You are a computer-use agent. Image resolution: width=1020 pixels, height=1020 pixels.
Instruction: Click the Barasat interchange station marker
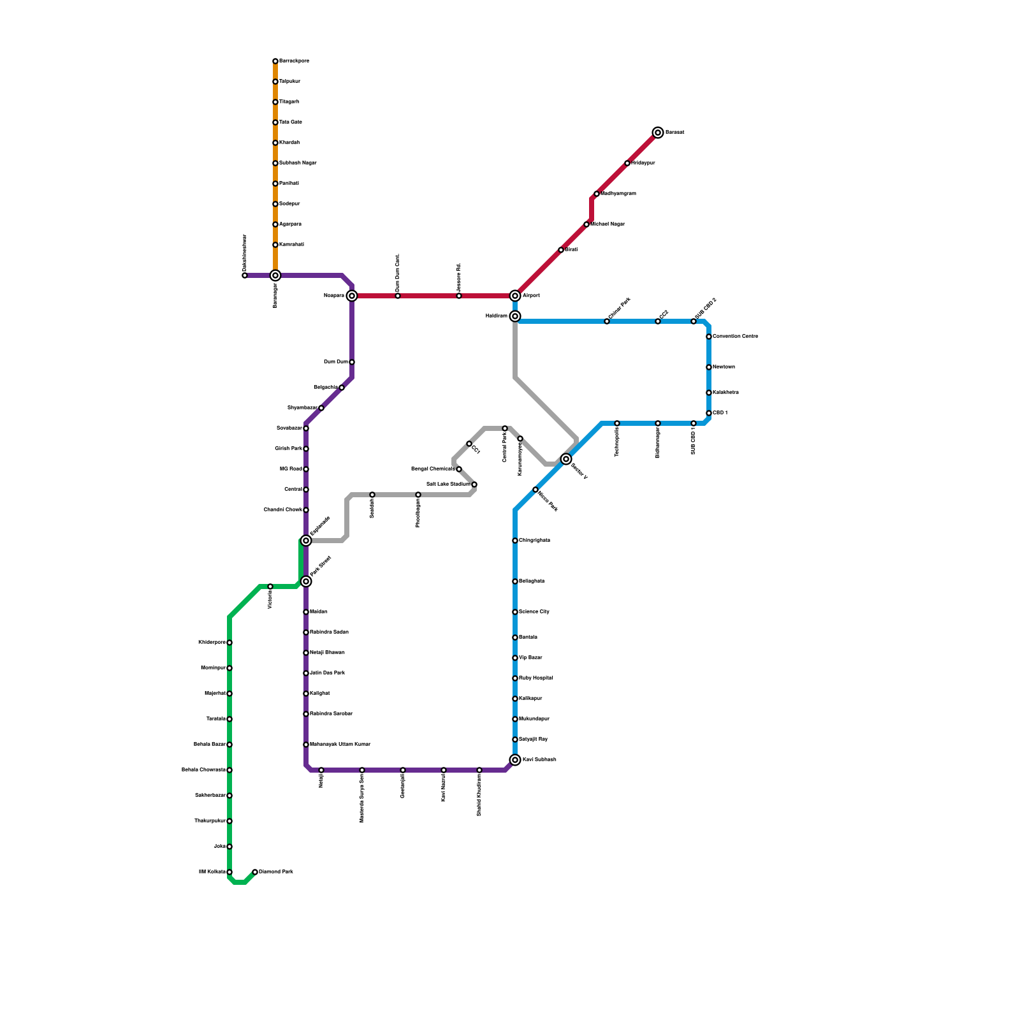click(x=658, y=133)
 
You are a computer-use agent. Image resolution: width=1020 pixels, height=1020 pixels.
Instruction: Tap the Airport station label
click(x=531, y=296)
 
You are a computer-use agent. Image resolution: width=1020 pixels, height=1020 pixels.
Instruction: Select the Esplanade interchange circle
click(x=306, y=541)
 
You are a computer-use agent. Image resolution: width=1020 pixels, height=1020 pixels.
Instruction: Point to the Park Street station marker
click(x=306, y=581)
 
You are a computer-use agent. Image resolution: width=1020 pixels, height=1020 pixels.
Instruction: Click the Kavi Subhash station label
click(x=539, y=760)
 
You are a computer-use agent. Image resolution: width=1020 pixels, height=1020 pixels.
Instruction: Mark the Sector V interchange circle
click(x=566, y=459)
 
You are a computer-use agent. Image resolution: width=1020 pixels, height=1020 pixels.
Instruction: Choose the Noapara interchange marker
click(x=352, y=296)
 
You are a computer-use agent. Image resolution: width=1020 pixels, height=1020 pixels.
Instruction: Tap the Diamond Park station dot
click(x=255, y=872)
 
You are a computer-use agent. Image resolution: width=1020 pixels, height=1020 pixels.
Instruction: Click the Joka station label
click(x=219, y=847)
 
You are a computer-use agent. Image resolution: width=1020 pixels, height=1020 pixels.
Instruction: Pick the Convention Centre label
click(x=735, y=337)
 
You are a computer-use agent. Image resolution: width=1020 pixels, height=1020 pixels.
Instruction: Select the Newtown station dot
click(x=709, y=367)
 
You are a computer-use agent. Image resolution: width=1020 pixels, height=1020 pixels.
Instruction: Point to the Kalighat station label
click(x=319, y=694)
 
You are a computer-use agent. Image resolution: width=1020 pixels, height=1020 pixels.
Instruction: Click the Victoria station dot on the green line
click(x=270, y=586)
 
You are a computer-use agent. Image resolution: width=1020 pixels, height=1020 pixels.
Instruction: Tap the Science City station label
click(x=534, y=612)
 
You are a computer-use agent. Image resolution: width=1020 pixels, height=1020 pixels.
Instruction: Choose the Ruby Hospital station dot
click(x=515, y=678)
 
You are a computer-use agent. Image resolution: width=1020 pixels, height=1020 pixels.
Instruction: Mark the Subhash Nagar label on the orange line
click(x=298, y=163)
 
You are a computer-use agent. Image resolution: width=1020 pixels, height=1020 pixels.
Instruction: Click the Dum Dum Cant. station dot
click(x=398, y=296)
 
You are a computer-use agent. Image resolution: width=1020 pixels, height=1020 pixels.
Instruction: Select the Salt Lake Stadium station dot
click(x=474, y=484)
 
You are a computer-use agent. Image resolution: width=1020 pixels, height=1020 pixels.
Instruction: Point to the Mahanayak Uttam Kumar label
click(x=340, y=745)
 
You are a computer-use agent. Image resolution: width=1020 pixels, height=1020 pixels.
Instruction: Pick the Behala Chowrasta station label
click(x=203, y=770)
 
